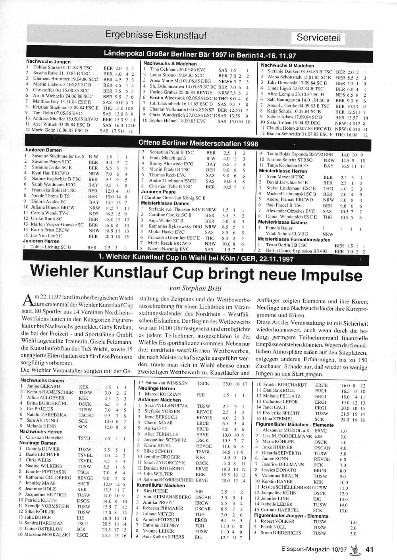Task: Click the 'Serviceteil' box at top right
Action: tap(318, 38)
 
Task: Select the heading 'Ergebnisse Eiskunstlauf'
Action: tap(156, 35)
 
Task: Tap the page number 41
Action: tap(370, 549)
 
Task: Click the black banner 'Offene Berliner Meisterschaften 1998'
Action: tap(198, 143)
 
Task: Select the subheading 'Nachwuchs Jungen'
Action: tap(48, 62)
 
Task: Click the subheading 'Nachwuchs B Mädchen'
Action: tap(287, 65)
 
